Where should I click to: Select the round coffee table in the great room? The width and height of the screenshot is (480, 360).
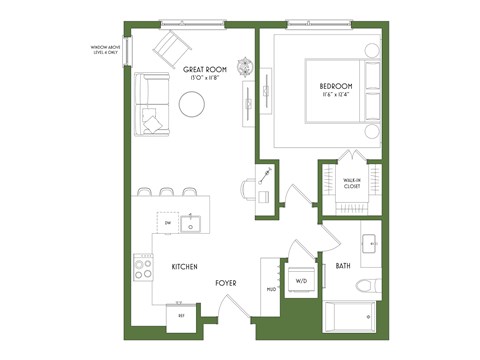tap(192, 103)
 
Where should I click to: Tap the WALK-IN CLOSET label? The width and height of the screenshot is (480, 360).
tap(351, 183)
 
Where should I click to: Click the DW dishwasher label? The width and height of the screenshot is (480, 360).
tap(168, 223)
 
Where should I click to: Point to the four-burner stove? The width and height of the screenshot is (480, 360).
tap(144, 266)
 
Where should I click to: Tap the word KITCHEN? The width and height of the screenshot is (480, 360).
tap(183, 267)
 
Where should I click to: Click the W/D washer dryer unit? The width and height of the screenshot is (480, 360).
tap(301, 281)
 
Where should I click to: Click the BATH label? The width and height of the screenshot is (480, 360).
tap(343, 266)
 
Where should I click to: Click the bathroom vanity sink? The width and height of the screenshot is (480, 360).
tap(369, 245)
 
